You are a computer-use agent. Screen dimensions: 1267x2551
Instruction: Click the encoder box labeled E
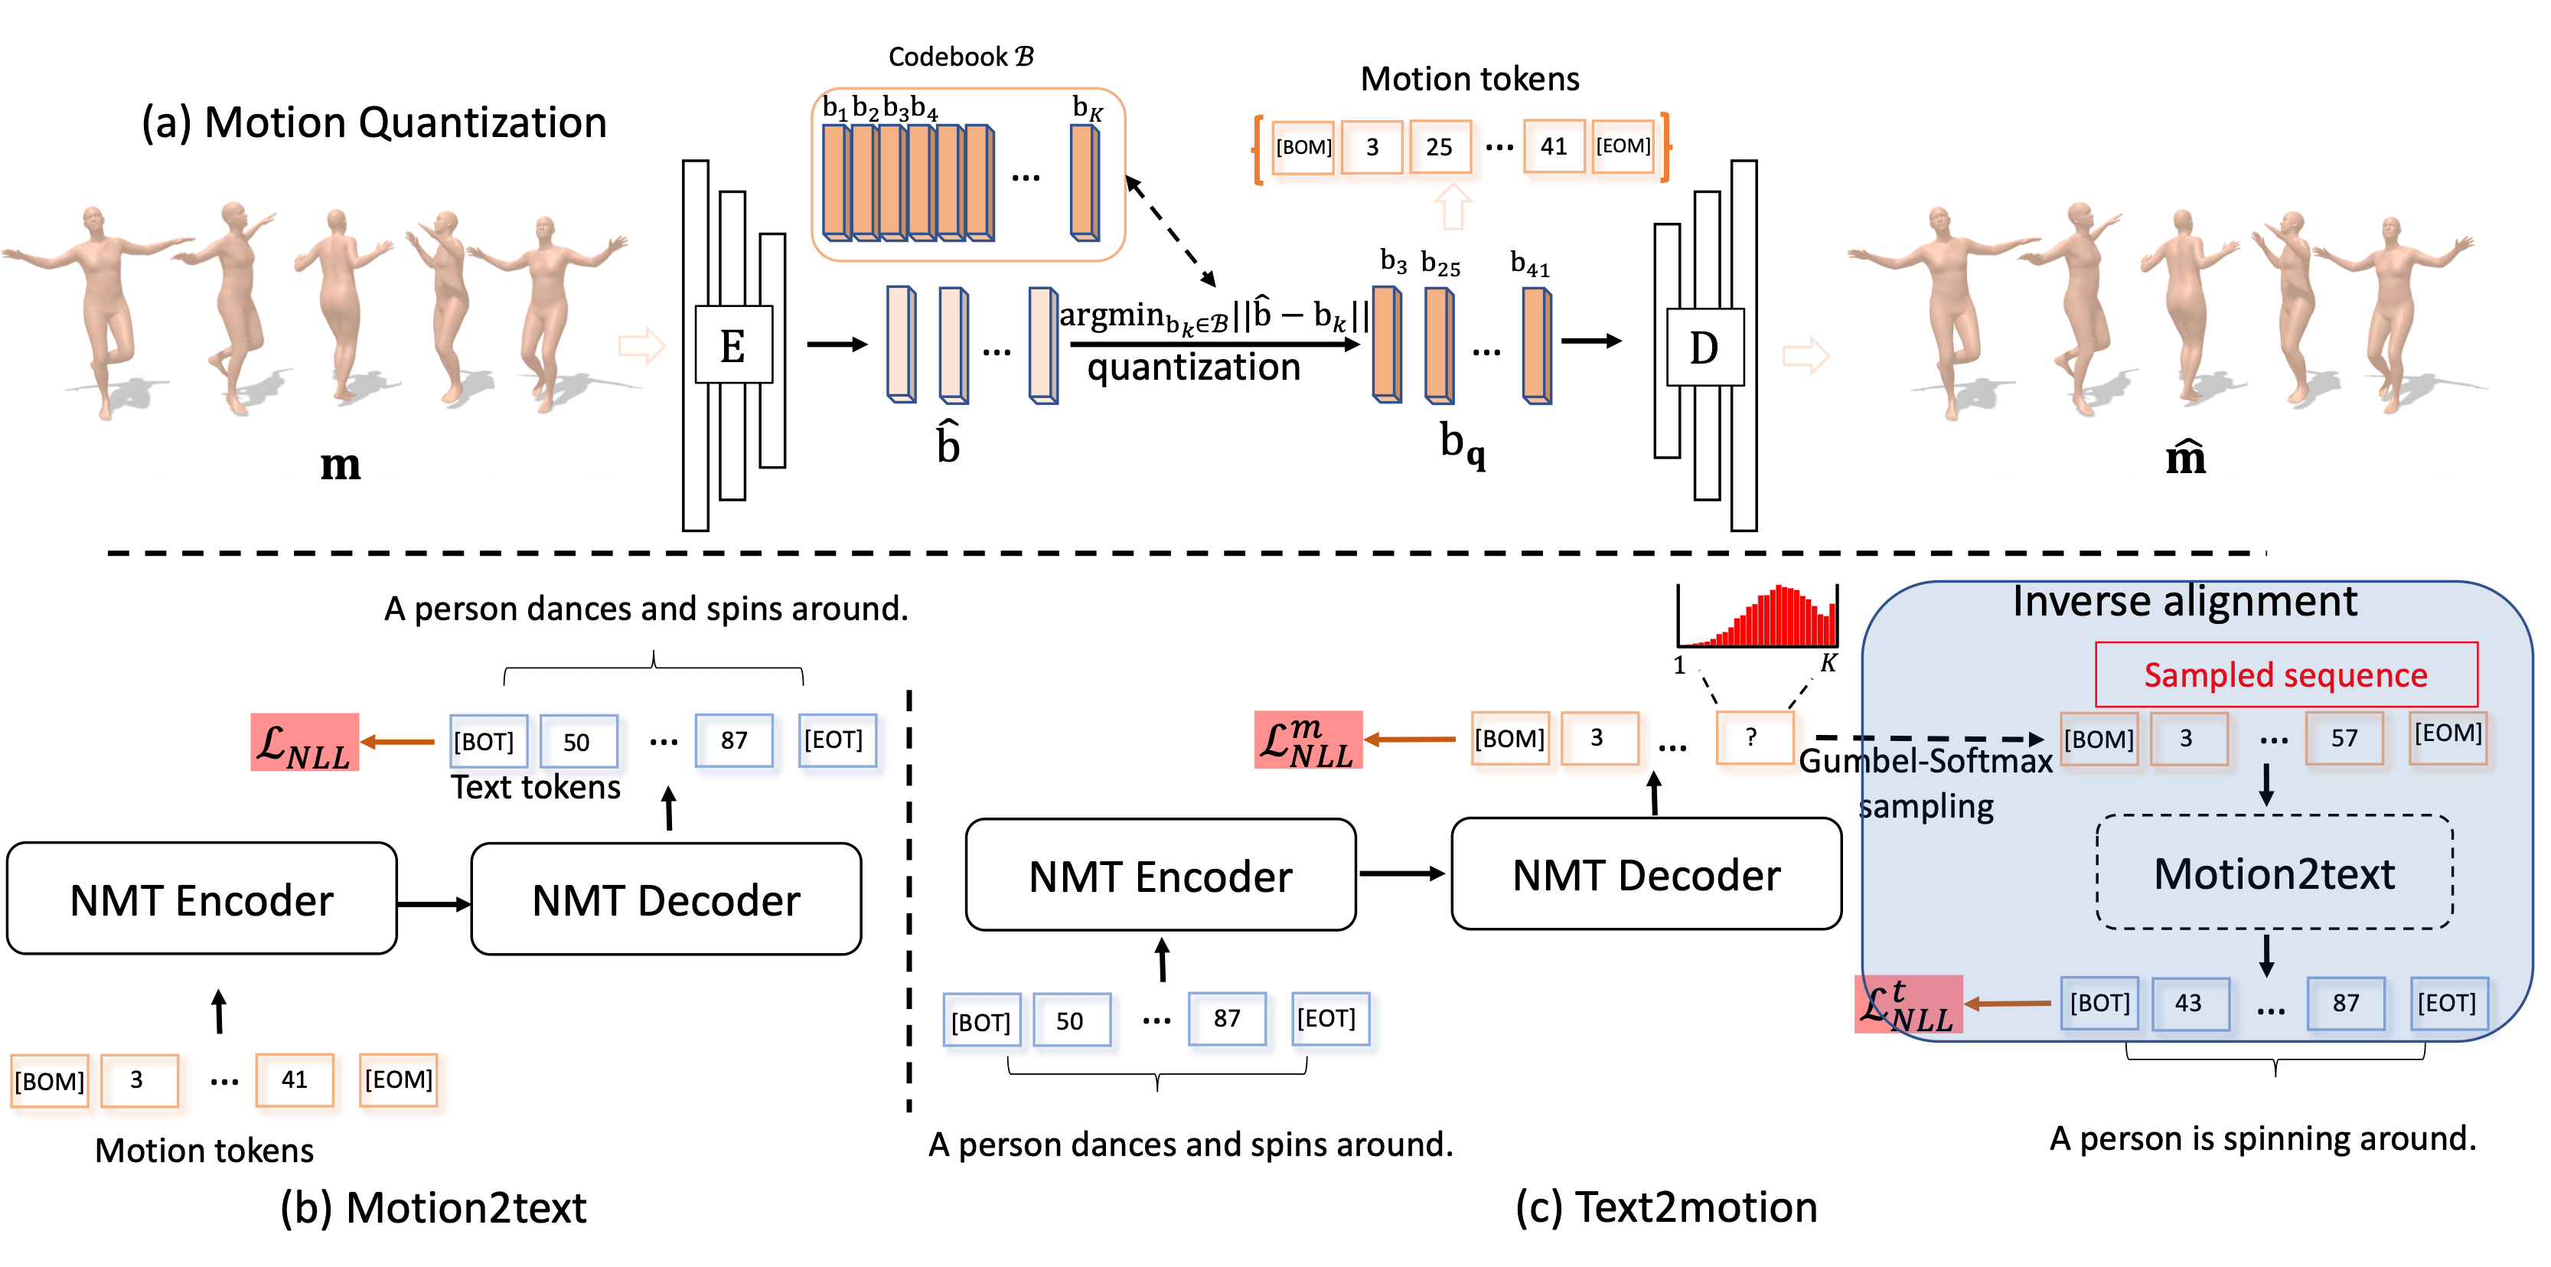tap(732, 345)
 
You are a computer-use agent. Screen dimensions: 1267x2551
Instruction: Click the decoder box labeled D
tap(1704, 347)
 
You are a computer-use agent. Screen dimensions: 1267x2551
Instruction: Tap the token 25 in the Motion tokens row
tap(1439, 147)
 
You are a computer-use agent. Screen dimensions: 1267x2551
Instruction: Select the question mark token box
tap(1753, 738)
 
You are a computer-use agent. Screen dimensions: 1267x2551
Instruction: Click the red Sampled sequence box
tap(2285, 674)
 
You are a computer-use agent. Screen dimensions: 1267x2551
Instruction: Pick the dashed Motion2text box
tap(2274, 873)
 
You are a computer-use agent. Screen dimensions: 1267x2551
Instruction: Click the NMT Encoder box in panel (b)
tap(202, 900)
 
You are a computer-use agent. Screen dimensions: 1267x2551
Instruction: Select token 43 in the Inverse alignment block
tap(2188, 1004)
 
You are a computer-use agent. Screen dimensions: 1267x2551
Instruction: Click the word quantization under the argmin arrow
tap(1192, 368)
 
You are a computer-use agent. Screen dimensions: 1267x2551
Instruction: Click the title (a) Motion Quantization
tap(374, 122)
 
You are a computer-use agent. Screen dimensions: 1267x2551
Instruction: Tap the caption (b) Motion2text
tap(434, 1207)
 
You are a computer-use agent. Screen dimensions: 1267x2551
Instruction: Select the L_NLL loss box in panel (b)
tap(304, 742)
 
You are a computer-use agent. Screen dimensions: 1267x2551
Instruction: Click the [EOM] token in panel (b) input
tap(398, 1079)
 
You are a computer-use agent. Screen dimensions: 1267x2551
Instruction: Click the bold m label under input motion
tap(341, 465)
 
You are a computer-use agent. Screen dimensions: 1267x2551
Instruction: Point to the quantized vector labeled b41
tap(1536, 346)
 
